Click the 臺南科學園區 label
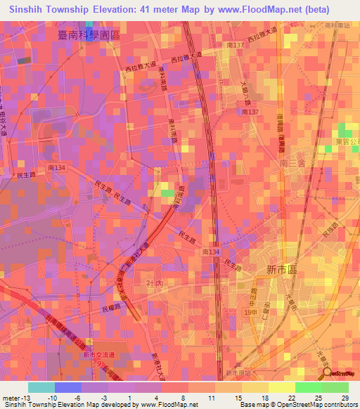[89, 33]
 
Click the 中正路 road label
[258, 291]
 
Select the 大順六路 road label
[245, 93]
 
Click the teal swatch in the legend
[41, 387]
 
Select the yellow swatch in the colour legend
[281, 387]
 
